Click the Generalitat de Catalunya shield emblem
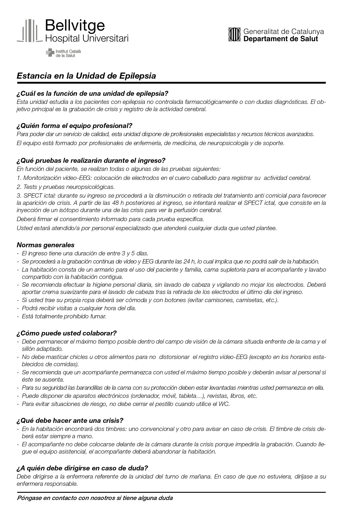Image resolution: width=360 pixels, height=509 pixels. tap(234, 35)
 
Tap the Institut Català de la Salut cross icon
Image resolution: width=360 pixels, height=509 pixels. tap(50, 53)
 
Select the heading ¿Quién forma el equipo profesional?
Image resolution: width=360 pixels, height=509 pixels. tap(75, 126)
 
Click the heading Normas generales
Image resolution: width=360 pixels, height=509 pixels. tap(46, 245)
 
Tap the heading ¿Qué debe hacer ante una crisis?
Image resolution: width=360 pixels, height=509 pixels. tap(70, 420)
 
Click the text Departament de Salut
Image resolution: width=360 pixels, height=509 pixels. tap(281, 39)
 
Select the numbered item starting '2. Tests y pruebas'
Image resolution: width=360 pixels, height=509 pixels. tap(66, 187)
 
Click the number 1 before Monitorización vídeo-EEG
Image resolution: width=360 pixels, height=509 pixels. tap(19, 178)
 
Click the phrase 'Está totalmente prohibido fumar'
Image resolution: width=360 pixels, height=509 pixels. tap(64, 316)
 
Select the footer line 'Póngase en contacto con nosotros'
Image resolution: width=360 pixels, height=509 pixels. tap(95, 498)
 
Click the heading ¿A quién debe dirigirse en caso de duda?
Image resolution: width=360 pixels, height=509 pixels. tap(82, 468)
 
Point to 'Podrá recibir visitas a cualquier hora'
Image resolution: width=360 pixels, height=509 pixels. tap(79, 308)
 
